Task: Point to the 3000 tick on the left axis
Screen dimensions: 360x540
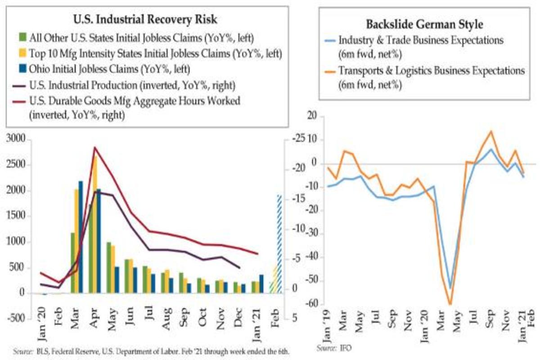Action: coord(17,139)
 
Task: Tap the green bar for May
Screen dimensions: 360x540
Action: coord(108,268)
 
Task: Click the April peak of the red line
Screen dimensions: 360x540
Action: coord(94,148)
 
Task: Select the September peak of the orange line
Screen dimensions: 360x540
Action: coord(490,131)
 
